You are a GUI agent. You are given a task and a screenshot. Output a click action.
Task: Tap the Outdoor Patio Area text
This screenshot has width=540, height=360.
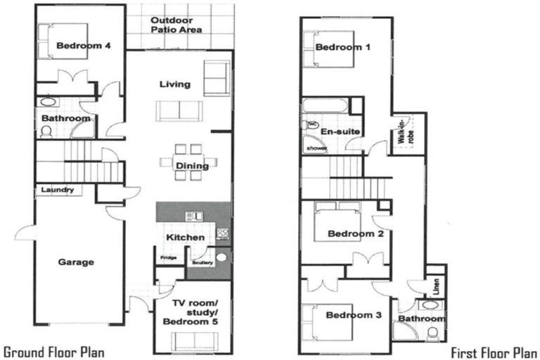176,25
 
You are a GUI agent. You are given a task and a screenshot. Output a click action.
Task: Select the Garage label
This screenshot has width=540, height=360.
76,262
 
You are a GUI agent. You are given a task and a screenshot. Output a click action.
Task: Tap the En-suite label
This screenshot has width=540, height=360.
335,131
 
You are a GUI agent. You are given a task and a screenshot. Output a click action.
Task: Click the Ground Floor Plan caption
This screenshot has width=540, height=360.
55,351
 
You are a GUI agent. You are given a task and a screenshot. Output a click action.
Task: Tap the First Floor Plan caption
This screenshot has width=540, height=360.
494,351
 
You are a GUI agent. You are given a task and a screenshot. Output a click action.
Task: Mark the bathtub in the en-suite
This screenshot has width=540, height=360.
325,108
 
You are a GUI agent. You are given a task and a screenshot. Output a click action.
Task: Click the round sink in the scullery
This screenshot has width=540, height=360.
222,257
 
